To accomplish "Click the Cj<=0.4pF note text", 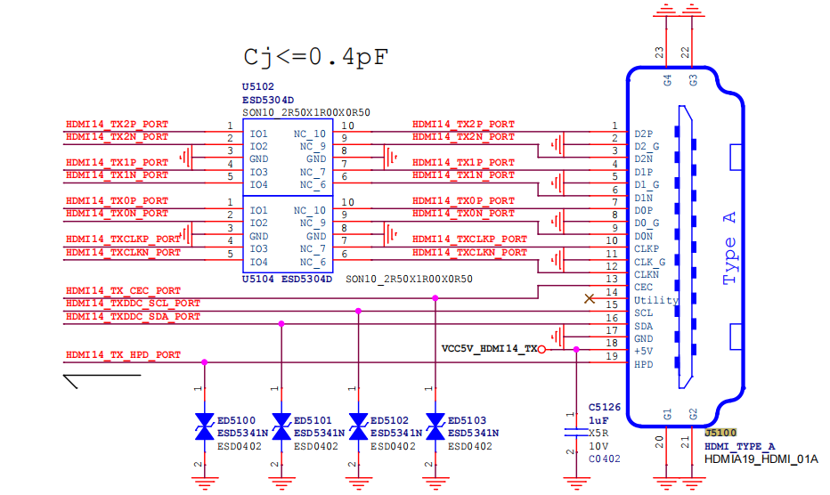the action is coord(316,57).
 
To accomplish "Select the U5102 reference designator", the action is coord(258,87).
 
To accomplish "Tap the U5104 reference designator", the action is coord(257,279).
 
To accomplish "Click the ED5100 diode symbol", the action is coord(204,426).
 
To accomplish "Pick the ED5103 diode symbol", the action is coord(435,426).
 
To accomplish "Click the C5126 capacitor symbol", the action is coord(576,432).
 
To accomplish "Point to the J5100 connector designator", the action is coord(720,433).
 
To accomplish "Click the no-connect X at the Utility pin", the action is coord(590,299).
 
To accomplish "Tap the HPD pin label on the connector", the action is coord(644,364).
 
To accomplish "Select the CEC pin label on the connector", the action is coord(644,287).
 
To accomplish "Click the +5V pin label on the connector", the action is coord(644,351).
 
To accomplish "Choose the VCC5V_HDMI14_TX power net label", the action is coord(489,349).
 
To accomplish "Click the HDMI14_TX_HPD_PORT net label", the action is coord(123,354).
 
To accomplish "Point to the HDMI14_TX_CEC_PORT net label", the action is coord(123,290).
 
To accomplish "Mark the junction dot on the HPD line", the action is coord(204,362).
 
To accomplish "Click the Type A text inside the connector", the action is coord(729,248).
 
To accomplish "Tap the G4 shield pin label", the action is coord(668,80).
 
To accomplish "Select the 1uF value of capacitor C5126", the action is coord(598,420).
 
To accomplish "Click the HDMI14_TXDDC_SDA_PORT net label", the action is coord(133,317).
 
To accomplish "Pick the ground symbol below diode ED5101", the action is coord(281,483).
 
